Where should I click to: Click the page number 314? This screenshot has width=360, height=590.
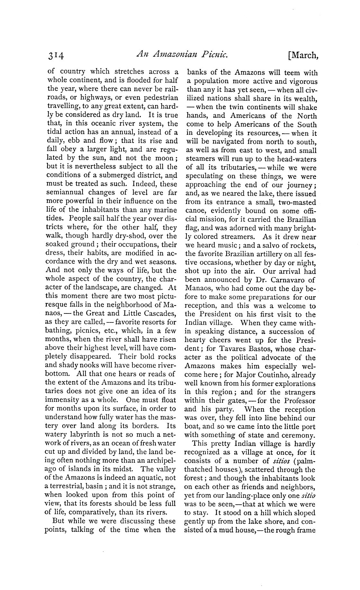[x=56, y=56]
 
